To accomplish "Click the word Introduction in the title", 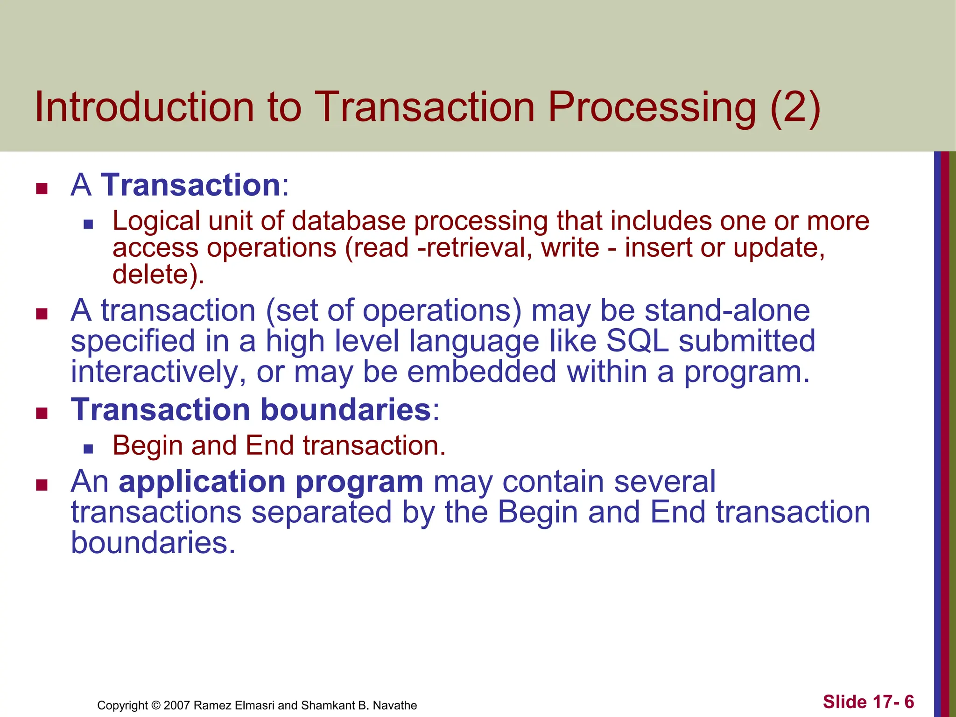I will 144,107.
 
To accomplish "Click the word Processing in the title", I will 651,108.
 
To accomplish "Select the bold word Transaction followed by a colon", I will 190,185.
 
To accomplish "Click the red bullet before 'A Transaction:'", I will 42,189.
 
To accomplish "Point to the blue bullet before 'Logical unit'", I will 88,225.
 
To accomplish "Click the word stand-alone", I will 727,310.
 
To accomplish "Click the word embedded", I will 481,372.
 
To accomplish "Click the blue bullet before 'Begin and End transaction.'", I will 88,449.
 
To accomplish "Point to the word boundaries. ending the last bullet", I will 153,543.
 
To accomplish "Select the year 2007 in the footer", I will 177,705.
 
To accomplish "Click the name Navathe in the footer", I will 394,705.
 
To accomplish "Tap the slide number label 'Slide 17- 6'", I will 868,702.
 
